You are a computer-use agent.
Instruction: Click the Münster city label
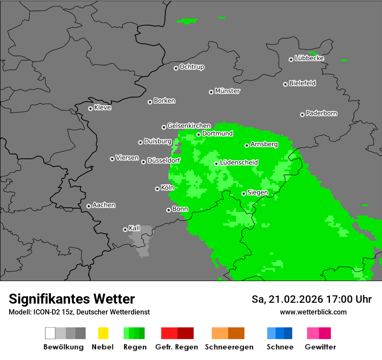(x=227, y=91)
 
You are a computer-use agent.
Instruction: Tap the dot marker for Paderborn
(x=302, y=115)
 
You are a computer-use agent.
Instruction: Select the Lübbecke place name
(x=309, y=58)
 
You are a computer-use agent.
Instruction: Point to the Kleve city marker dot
(x=90, y=108)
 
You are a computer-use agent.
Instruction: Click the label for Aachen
(x=104, y=205)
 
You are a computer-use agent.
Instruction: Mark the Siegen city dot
(x=244, y=193)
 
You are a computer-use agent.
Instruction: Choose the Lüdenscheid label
(x=239, y=163)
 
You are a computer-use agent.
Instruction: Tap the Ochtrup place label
(x=191, y=67)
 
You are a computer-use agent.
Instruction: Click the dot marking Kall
(x=125, y=229)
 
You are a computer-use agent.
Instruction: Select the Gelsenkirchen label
(x=189, y=126)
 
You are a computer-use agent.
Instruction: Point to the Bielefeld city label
(x=302, y=83)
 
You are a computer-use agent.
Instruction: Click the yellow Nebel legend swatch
(x=103, y=333)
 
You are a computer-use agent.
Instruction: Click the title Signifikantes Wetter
(x=72, y=299)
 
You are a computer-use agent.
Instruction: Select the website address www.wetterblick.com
(x=313, y=312)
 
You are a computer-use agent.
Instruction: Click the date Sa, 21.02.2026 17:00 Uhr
(x=311, y=299)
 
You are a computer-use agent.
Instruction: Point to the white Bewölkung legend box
(x=50, y=333)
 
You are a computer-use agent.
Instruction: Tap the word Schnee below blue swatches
(x=280, y=347)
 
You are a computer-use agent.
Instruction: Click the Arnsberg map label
(x=264, y=144)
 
